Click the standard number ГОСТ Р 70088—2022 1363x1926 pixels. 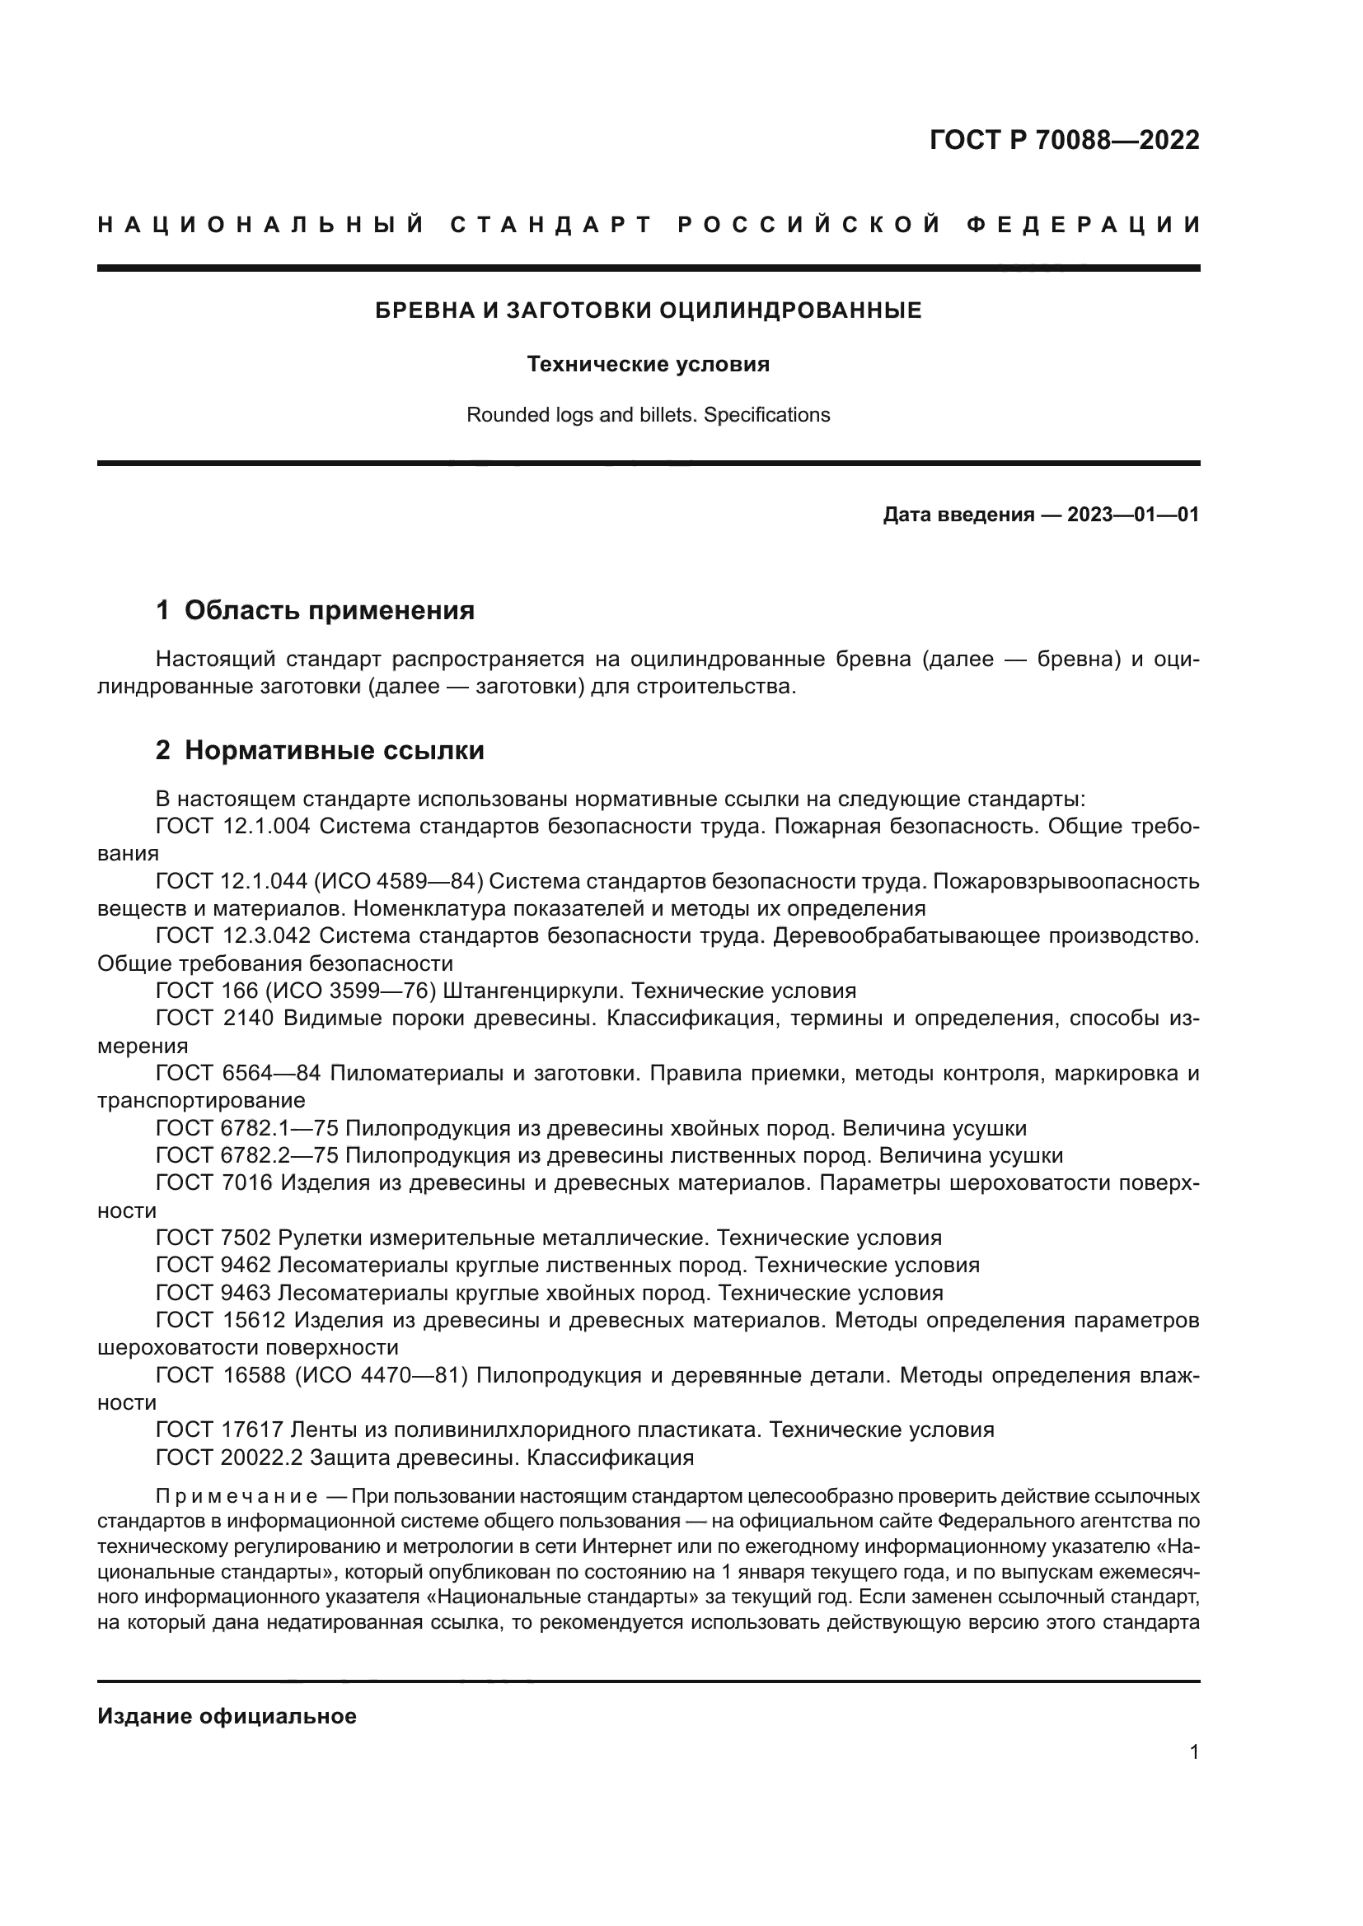[1064, 140]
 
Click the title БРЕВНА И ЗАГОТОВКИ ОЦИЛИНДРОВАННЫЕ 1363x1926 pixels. [648, 311]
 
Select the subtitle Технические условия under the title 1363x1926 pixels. [648, 365]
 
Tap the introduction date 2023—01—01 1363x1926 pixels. [1133, 515]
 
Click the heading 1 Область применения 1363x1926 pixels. [316, 611]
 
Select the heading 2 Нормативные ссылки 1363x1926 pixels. [320, 750]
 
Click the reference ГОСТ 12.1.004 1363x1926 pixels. [233, 826]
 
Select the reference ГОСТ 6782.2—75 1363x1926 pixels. [246, 1156]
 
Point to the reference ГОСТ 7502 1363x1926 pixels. [214, 1238]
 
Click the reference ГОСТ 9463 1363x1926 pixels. [214, 1293]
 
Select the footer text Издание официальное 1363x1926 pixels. [227, 1716]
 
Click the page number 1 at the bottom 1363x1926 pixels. [1194, 1752]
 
